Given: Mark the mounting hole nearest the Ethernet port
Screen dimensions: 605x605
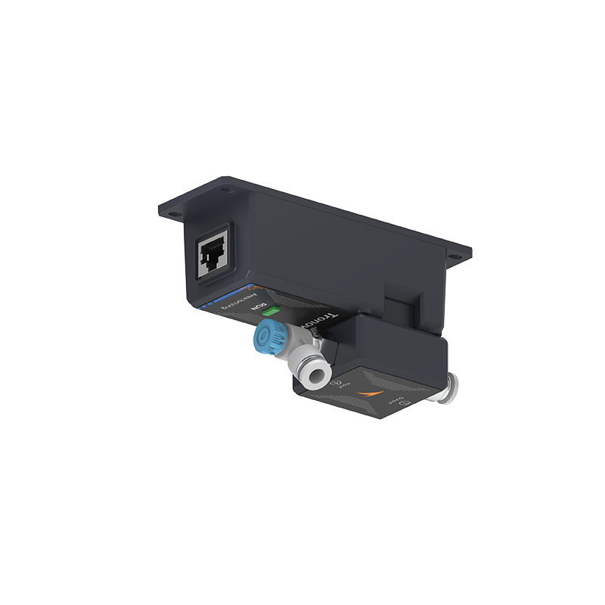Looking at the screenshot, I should (x=175, y=216).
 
